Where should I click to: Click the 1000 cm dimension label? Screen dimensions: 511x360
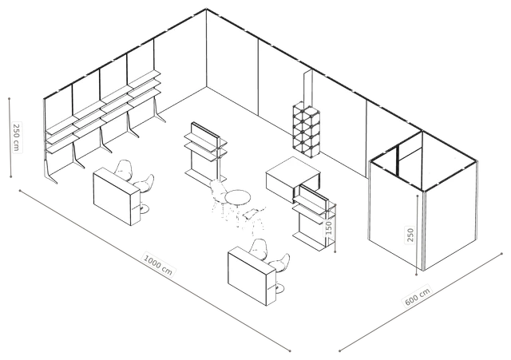pos(158,264)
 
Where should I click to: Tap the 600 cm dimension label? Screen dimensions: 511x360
pos(418,296)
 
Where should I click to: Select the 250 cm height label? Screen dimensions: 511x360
pos(16,136)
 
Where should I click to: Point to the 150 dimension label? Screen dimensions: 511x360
pos(328,227)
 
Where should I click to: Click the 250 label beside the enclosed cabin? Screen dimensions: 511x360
pos(410,235)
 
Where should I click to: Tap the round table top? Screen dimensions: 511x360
pos(238,197)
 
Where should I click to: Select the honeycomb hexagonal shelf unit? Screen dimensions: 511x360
pos(306,129)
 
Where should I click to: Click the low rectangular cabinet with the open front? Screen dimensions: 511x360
pos(293,179)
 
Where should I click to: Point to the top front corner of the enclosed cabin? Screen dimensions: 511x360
pos(424,191)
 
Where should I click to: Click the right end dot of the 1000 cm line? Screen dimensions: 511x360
pos(290,351)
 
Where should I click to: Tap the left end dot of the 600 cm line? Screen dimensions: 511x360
pos(339,351)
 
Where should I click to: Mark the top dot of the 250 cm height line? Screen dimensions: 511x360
pos(10,98)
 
